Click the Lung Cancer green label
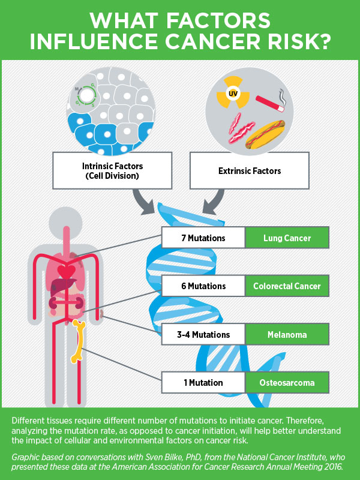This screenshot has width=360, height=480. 287,238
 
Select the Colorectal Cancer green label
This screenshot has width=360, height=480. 287,286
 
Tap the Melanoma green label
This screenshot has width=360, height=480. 287,334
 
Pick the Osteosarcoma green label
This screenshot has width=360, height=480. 287,382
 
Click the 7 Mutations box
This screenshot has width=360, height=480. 203,238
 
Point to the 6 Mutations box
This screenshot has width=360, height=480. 203,286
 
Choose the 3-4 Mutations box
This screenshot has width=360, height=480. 203,334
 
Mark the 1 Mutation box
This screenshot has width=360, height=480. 203,382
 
